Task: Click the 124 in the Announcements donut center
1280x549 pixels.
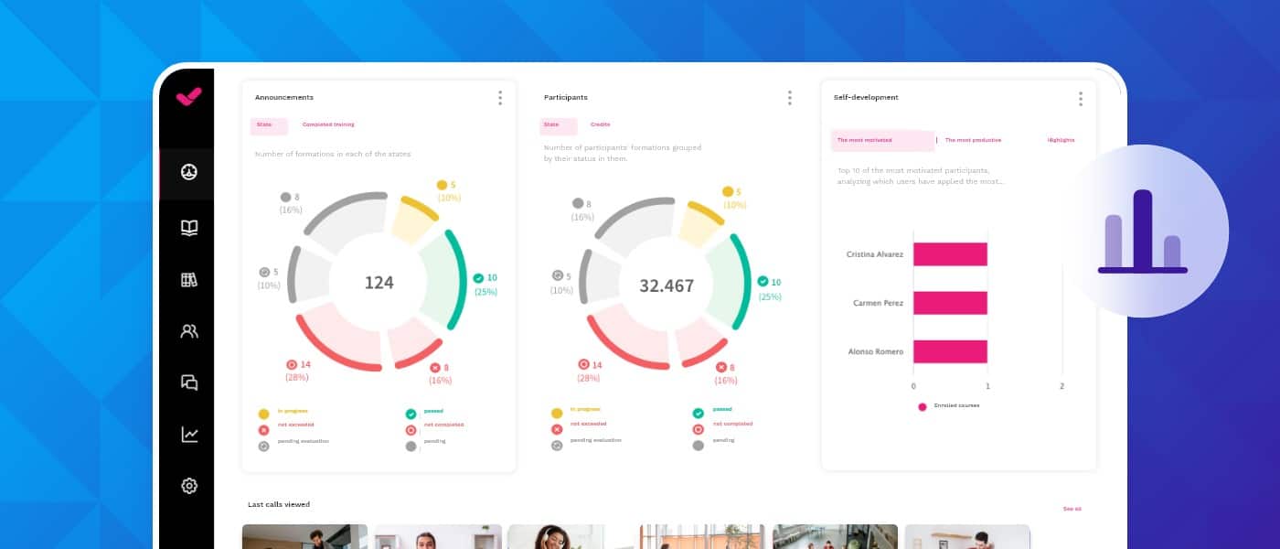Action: (379, 283)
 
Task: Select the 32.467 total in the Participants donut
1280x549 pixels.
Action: (667, 285)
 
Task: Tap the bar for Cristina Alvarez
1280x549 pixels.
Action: (950, 254)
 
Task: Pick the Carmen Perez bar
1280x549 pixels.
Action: (950, 303)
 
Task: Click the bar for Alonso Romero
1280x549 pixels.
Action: (950, 351)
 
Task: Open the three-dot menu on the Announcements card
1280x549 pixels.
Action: (500, 98)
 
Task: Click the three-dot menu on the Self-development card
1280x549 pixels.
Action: (1080, 99)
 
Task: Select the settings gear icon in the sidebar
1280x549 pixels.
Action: (189, 486)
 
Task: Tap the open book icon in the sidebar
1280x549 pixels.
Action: (189, 228)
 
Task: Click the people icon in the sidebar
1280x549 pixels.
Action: (189, 331)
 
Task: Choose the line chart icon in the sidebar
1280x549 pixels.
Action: (189, 435)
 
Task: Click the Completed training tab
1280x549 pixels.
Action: (327, 124)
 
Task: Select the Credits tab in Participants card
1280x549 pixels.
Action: (600, 124)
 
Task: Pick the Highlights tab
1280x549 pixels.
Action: (1061, 140)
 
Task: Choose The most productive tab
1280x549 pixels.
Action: (973, 140)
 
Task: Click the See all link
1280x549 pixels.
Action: (1072, 509)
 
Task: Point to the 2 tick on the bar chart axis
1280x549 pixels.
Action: (1061, 386)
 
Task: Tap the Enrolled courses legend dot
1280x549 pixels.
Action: (923, 406)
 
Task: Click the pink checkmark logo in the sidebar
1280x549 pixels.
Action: (188, 97)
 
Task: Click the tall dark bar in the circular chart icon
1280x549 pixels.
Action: (1142, 229)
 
